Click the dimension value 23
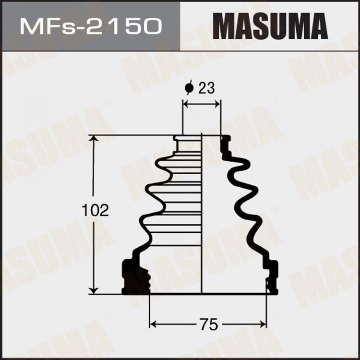point(205,88)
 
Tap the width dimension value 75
point(208,324)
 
